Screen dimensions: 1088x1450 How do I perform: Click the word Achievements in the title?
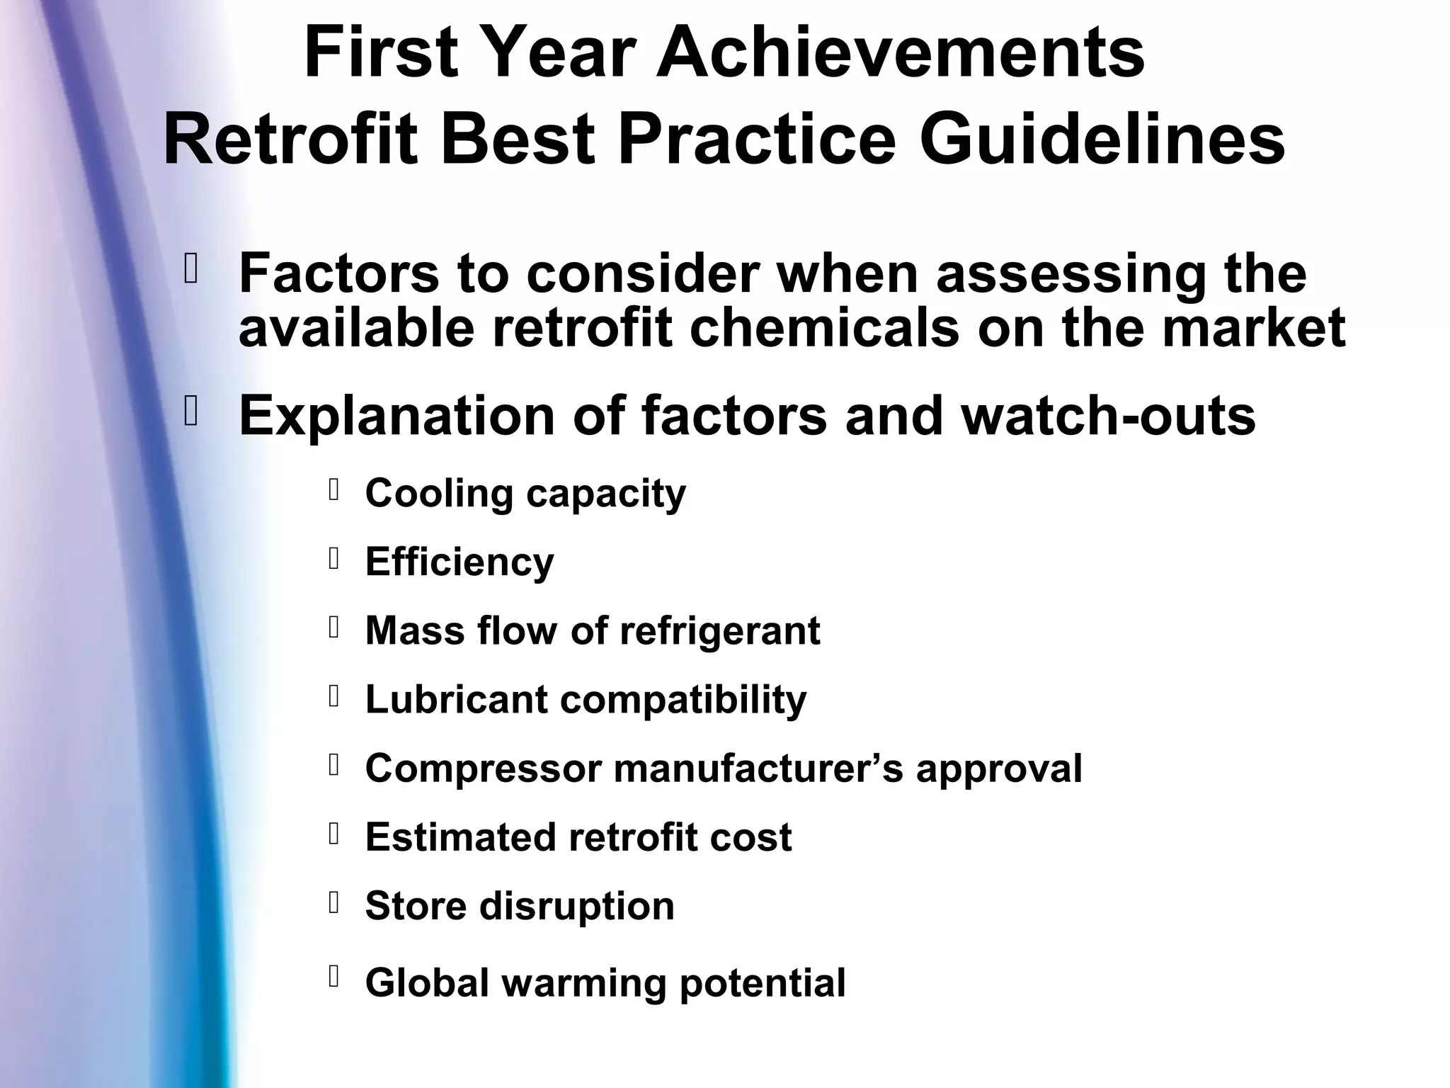click(x=901, y=53)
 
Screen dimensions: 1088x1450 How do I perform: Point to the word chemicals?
click(x=824, y=327)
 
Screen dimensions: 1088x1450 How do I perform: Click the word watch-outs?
click(x=1108, y=416)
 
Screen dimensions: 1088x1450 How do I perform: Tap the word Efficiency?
click(x=459, y=562)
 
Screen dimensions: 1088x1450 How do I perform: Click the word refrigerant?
click(x=719, y=630)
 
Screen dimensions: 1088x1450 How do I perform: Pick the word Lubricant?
click(x=456, y=699)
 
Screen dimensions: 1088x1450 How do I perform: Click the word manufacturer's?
click(x=758, y=768)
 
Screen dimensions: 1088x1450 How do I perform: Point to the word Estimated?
click(x=460, y=837)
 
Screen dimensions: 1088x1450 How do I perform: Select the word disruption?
click(x=577, y=905)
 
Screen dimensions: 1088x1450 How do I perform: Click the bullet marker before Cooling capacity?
click(x=335, y=489)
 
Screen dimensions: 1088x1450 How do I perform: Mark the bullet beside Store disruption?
click(x=335, y=902)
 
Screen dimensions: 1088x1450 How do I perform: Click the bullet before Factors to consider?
click(x=190, y=269)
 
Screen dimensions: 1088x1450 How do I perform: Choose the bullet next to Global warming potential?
click(x=335, y=977)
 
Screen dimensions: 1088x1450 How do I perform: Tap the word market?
click(x=1253, y=327)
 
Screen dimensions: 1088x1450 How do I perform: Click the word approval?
click(x=999, y=768)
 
